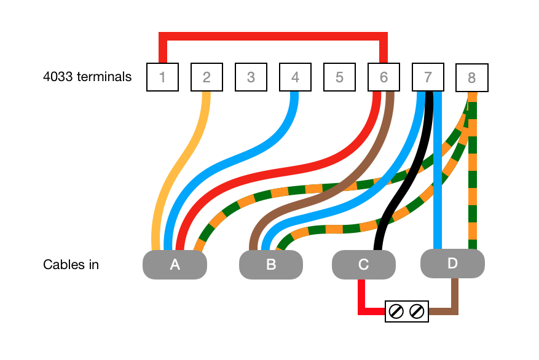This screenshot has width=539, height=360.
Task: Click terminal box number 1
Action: pyautogui.click(x=162, y=77)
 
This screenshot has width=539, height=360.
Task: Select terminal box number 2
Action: pyautogui.click(x=207, y=77)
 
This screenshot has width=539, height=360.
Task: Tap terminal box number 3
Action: pyautogui.click(x=251, y=77)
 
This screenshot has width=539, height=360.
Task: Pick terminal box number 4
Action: pyautogui.click(x=295, y=77)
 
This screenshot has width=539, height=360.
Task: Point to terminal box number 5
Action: pyautogui.click(x=339, y=77)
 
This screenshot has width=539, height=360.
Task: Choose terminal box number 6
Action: pyautogui.click(x=384, y=77)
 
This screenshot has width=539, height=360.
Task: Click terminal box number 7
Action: pyautogui.click(x=428, y=77)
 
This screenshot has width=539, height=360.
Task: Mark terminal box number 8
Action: pyautogui.click(x=471, y=78)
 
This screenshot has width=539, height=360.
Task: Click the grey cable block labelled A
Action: pyautogui.click(x=175, y=265)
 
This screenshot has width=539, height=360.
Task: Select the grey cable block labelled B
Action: pyautogui.click(x=270, y=265)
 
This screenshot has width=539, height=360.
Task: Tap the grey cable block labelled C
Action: pyautogui.click(x=363, y=265)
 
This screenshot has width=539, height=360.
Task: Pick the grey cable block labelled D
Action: pyautogui.click(x=452, y=264)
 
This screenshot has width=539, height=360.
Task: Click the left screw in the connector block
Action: pyautogui.click(x=396, y=311)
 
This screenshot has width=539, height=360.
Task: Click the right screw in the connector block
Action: pyautogui.click(x=417, y=311)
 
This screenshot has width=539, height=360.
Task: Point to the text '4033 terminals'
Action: pyautogui.click(x=87, y=77)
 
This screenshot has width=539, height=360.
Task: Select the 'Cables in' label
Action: pyautogui.click(x=71, y=265)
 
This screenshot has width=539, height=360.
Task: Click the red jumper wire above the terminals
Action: pyautogui.click(x=273, y=37)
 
